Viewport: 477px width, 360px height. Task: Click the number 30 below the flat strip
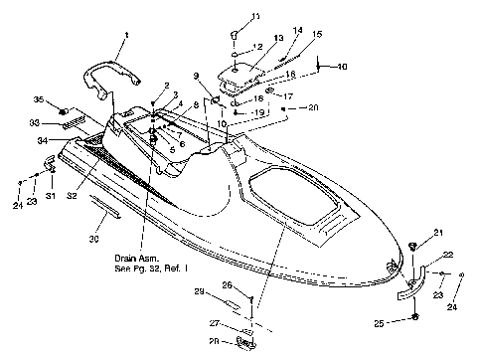click(94, 239)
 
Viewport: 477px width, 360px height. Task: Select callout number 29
click(199, 291)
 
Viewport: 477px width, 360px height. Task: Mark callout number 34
click(44, 141)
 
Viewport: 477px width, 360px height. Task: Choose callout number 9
click(197, 76)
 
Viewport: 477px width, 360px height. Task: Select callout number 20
click(313, 106)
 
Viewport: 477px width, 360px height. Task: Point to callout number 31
click(50, 184)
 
